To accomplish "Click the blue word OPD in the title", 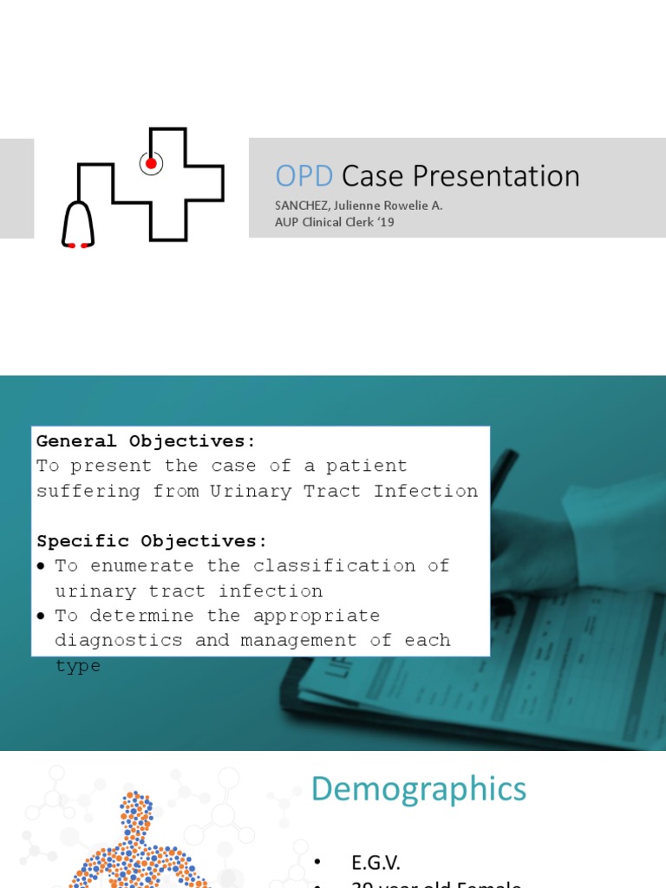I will [x=304, y=176].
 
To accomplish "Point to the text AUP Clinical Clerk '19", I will [x=335, y=222].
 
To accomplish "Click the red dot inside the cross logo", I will [x=151, y=163].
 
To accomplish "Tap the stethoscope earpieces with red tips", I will [x=78, y=245].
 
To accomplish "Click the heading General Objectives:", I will [x=147, y=441].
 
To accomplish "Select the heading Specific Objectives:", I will [x=152, y=541].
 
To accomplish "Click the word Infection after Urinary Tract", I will [x=426, y=491].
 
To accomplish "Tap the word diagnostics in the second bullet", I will [x=114, y=641].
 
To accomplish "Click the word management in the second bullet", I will [x=299, y=641].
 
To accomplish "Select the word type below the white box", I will [x=78, y=666].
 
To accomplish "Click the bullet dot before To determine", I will [x=42, y=617].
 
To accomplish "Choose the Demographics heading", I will [x=418, y=789].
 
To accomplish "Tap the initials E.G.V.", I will [x=376, y=862].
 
